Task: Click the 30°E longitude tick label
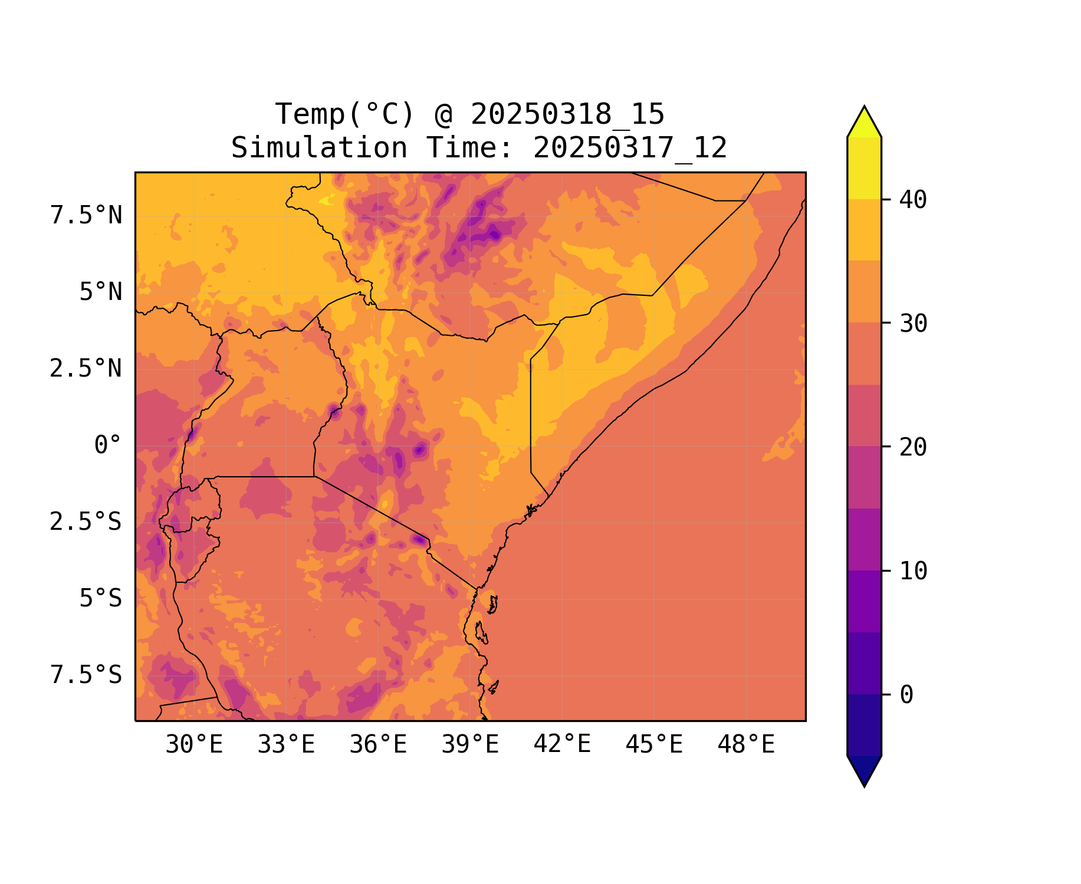[x=194, y=745]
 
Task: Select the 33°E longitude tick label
[x=286, y=745]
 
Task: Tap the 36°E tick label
[x=378, y=745]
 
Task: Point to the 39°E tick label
[x=470, y=745]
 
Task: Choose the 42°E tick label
[x=562, y=745]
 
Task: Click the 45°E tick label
[x=654, y=745]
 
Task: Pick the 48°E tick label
[x=746, y=745]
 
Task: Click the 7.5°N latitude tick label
[x=86, y=216]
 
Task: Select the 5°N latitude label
[x=101, y=292]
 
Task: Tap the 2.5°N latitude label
[x=86, y=369]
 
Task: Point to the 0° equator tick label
[x=108, y=446]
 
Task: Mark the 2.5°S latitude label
[x=86, y=522]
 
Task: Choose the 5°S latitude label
[x=101, y=599]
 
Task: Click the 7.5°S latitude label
[x=86, y=675]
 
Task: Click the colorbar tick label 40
[x=914, y=200]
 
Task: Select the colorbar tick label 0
[x=906, y=695]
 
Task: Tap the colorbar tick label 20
[x=914, y=447]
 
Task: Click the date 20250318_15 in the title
[x=567, y=114]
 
